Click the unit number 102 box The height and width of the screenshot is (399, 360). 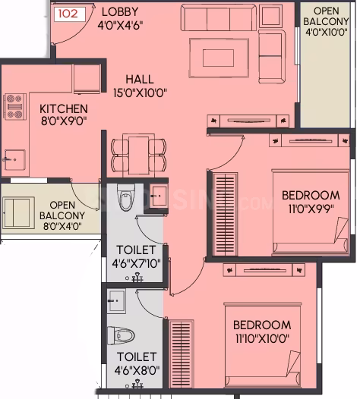pos(70,14)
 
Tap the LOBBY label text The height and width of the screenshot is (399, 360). pos(120,11)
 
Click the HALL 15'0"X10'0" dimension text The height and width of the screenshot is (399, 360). pos(140,93)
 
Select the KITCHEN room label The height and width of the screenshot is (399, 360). pos(64,109)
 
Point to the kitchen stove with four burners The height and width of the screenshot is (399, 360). pos(14,106)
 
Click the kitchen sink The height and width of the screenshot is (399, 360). pos(14,159)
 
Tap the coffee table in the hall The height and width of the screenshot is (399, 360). pos(219,58)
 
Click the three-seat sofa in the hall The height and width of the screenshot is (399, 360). pos(219,17)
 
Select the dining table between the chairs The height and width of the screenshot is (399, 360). pos(138,156)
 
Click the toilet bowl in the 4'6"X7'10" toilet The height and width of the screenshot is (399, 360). pos(126,197)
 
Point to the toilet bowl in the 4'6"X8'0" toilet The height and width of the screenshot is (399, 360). pos(121,335)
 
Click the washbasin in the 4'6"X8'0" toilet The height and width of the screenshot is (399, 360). pos(116,301)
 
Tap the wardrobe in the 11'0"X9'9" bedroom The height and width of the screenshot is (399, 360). pos(226,214)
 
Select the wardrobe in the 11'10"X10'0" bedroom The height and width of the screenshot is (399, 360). pos(182,353)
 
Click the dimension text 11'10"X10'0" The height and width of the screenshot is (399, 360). pos(262,338)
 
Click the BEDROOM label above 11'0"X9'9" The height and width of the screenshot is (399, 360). pos(311,196)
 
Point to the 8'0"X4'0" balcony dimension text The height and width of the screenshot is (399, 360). pos(62,226)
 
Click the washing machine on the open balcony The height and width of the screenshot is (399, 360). pos(18,212)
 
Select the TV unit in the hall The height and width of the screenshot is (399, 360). pos(248,121)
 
